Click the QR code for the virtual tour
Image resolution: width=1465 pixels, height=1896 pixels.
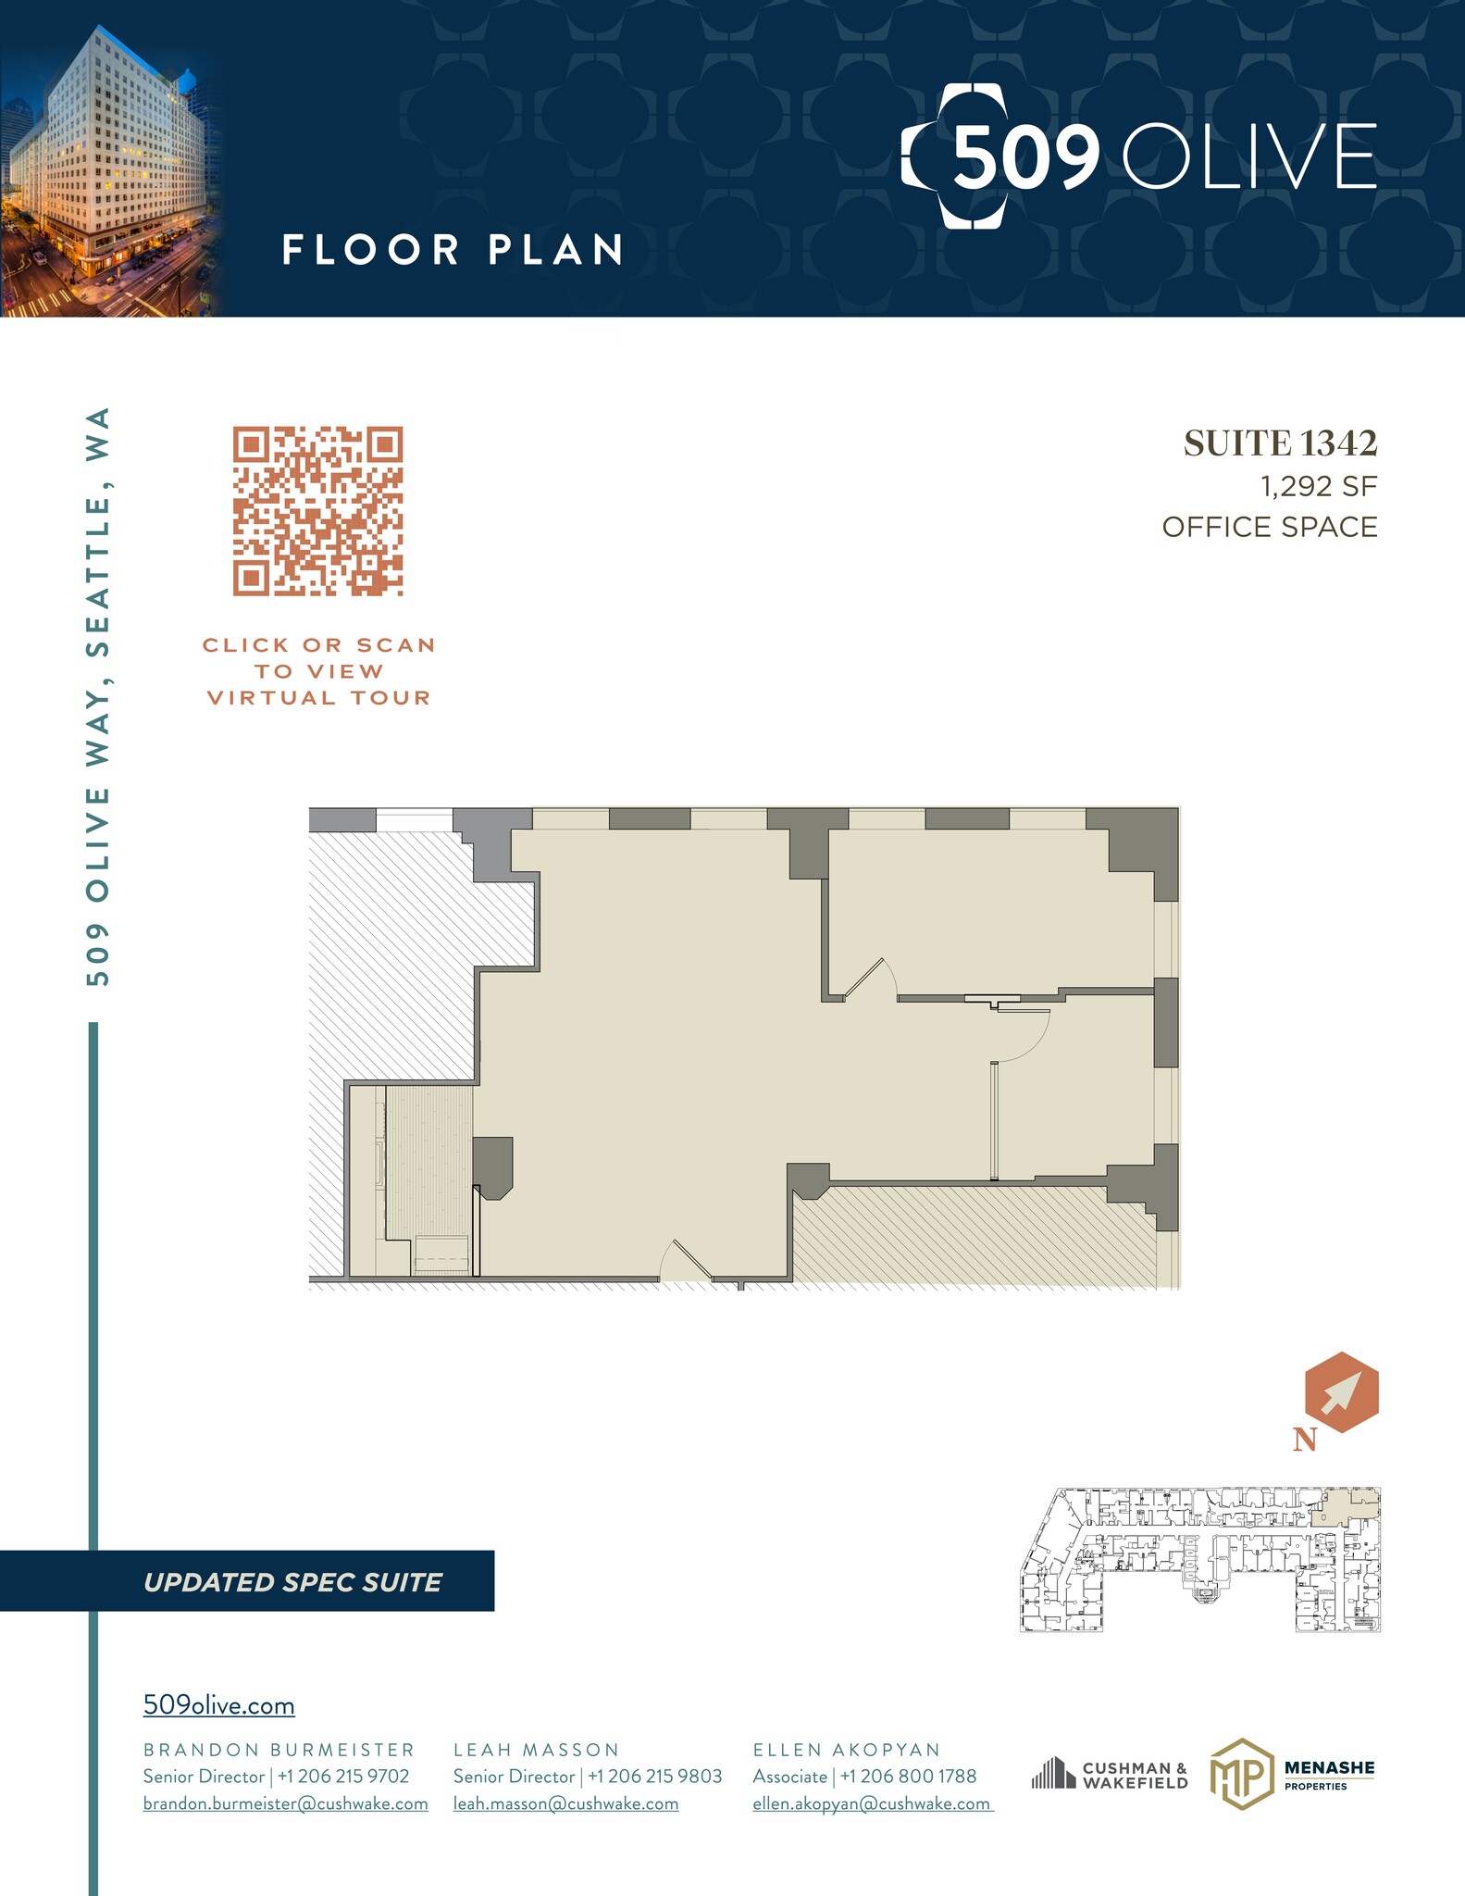point(317,510)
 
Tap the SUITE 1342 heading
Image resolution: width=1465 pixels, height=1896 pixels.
point(1280,444)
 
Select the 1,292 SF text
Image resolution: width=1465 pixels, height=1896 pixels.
point(1319,486)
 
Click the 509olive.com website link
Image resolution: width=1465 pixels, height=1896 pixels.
point(219,1705)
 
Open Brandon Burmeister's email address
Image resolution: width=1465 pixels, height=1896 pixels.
point(285,1803)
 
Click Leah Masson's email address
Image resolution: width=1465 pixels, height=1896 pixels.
point(565,1803)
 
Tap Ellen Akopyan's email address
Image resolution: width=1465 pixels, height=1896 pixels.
point(872,1803)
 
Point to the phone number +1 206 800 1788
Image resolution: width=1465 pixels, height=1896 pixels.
point(908,1777)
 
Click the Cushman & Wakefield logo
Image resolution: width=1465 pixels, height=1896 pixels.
point(1110,1774)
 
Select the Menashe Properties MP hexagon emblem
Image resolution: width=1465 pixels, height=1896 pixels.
point(1239,1774)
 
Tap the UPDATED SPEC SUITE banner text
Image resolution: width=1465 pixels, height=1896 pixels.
point(292,1582)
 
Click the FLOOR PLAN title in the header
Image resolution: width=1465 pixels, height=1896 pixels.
point(453,250)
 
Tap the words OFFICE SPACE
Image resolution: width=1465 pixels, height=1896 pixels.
point(1270,528)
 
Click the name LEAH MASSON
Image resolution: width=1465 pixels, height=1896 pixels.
point(536,1750)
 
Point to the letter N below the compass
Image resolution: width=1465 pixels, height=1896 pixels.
point(1305,1441)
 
